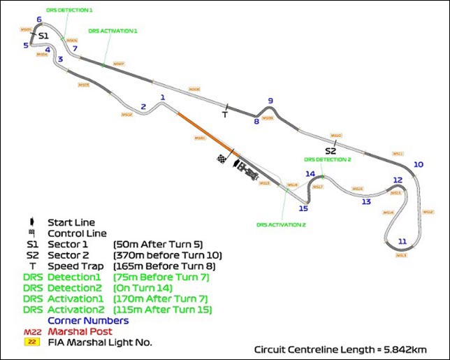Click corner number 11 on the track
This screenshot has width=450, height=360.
coord(402,241)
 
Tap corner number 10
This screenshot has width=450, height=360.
coord(419,165)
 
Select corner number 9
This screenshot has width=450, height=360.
coord(270,101)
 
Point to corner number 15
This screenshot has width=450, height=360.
coord(303,208)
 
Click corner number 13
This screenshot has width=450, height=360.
coord(365,202)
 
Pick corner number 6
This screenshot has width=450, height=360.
coord(39,20)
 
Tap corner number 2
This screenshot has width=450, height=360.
coord(143,107)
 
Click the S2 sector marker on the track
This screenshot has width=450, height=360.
coord(331,150)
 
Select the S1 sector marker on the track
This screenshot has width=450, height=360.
coord(43,34)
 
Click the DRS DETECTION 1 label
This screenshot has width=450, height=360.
coord(69,11)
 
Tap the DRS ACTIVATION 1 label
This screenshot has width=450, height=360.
coord(113,31)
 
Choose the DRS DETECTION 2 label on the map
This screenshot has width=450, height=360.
coord(328,159)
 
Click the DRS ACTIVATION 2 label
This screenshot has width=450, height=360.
coord(281,225)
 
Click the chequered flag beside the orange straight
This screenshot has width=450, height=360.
coord(222,159)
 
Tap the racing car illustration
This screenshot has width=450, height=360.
coord(246,168)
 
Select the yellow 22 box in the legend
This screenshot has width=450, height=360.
coord(31,342)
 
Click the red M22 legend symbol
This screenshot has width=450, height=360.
coord(31,331)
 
